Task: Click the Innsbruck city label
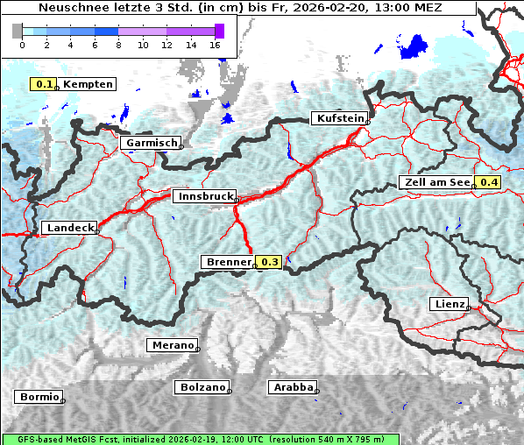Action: [x=203, y=197]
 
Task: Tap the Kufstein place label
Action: [x=338, y=118]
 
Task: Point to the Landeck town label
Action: [x=68, y=228]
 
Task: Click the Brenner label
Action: [x=228, y=262]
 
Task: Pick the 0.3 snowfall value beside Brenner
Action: [x=270, y=262]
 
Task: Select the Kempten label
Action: [x=88, y=84]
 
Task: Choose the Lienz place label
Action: [x=449, y=304]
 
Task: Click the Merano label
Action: [x=171, y=345]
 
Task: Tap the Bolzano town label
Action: [x=201, y=386]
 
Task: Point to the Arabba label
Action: [x=292, y=386]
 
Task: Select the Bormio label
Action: [x=39, y=397]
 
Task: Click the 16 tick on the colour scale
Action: [x=215, y=45]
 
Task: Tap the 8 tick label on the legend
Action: [x=117, y=45]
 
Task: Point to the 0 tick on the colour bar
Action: [x=21, y=45]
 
